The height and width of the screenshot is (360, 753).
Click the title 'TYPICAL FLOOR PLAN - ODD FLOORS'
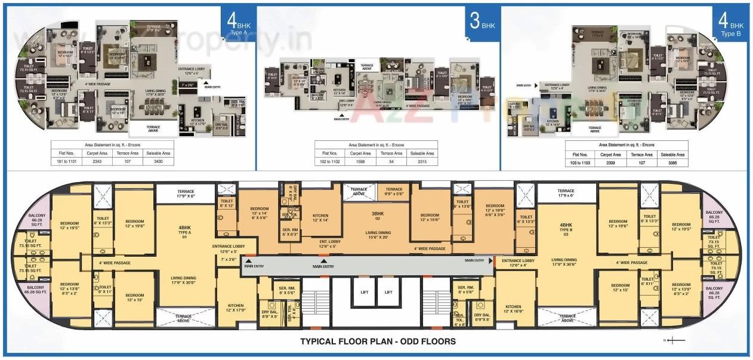(378, 341)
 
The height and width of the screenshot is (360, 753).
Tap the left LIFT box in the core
(364, 293)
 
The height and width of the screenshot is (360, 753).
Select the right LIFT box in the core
(388, 293)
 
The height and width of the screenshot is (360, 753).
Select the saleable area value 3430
(159, 161)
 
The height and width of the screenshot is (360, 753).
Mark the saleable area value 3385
(672, 161)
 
